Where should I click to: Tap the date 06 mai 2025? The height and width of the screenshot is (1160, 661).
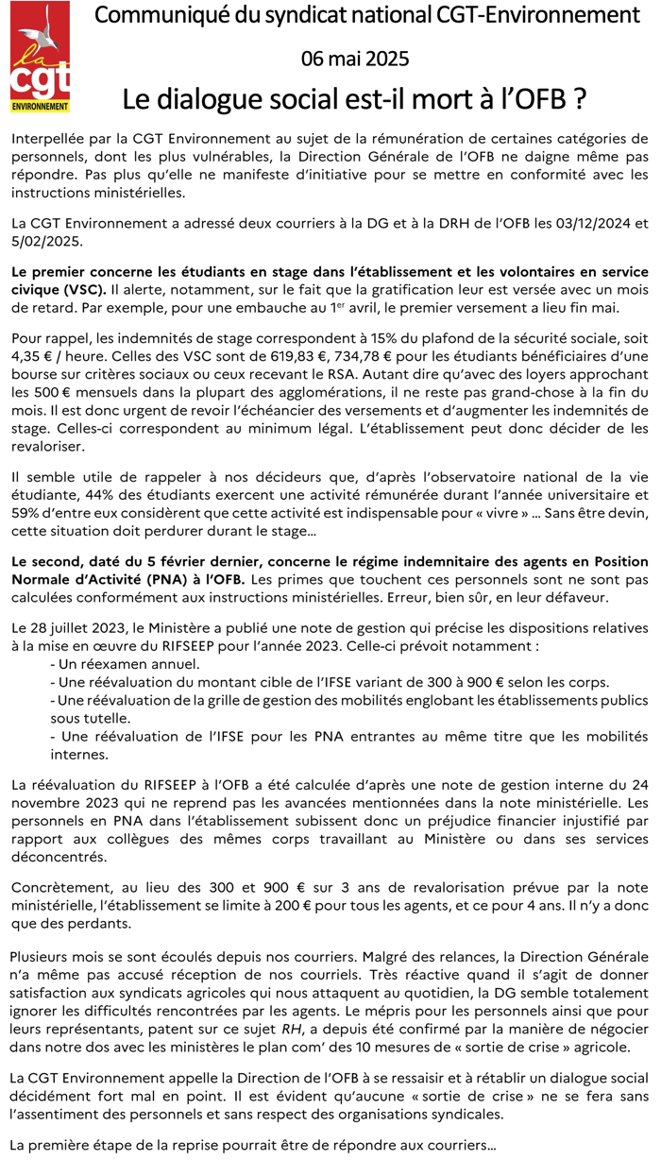[355, 60]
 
